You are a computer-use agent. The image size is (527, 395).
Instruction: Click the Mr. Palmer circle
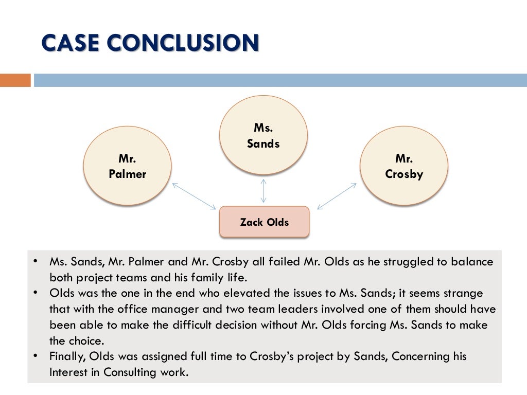[127, 166]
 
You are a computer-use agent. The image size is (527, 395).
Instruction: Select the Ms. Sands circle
[263, 135]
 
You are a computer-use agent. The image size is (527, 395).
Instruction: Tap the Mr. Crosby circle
[403, 166]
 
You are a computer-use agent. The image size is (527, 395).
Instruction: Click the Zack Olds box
[264, 222]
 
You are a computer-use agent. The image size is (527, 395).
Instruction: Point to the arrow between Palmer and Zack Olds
[194, 196]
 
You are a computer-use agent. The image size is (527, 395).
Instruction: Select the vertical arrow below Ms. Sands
[263, 190]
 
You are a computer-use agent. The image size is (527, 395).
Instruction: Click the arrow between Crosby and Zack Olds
[337, 196]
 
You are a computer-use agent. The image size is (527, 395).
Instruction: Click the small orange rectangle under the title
[15, 80]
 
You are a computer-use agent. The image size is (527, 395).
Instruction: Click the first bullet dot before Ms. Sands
[35, 261]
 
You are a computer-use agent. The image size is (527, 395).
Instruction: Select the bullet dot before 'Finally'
[35, 355]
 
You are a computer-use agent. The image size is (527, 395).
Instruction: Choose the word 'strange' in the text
[463, 293]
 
